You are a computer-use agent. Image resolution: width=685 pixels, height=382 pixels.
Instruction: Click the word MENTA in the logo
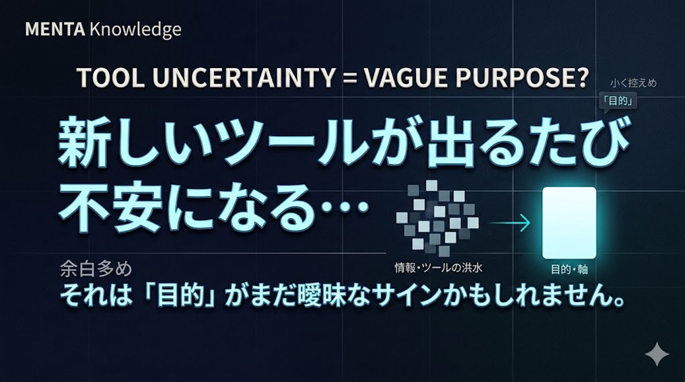pyautogui.click(x=55, y=30)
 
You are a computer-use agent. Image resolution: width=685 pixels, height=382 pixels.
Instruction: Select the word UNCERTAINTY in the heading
pyautogui.click(x=244, y=77)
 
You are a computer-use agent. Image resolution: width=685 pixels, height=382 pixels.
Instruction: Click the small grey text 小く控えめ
pyautogui.click(x=633, y=83)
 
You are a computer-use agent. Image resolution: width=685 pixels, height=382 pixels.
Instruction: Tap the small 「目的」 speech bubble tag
pyautogui.click(x=619, y=101)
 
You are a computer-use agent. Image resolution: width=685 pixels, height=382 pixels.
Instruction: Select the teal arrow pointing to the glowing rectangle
pyautogui.click(x=509, y=222)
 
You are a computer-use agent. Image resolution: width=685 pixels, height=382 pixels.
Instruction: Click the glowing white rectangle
pyautogui.click(x=569, y=222)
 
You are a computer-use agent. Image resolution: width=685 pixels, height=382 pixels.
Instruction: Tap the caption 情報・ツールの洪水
pyautogui.click(x=438, y=268)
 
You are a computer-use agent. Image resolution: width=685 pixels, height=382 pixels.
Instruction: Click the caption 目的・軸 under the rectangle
pyautogui.click(x=569, y=269)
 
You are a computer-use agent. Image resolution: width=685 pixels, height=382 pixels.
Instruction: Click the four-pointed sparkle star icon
pyautogui.click(x=657, y=354)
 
